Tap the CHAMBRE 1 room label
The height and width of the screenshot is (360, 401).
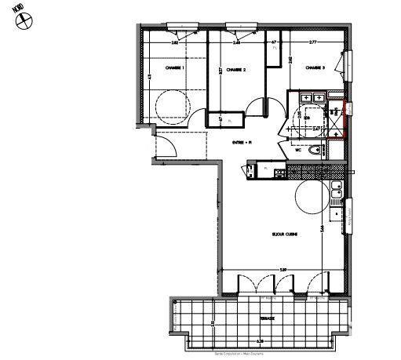[x=174, y=68]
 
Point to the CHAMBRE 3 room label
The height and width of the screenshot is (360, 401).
[x=315, y=67]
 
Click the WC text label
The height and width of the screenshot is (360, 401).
[x=298, y=151]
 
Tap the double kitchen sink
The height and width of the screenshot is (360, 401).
[x=336, y=189]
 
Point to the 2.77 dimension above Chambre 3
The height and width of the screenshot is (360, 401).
[x=312, y=42]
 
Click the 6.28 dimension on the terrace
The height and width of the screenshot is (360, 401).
[x=260, y=342]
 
